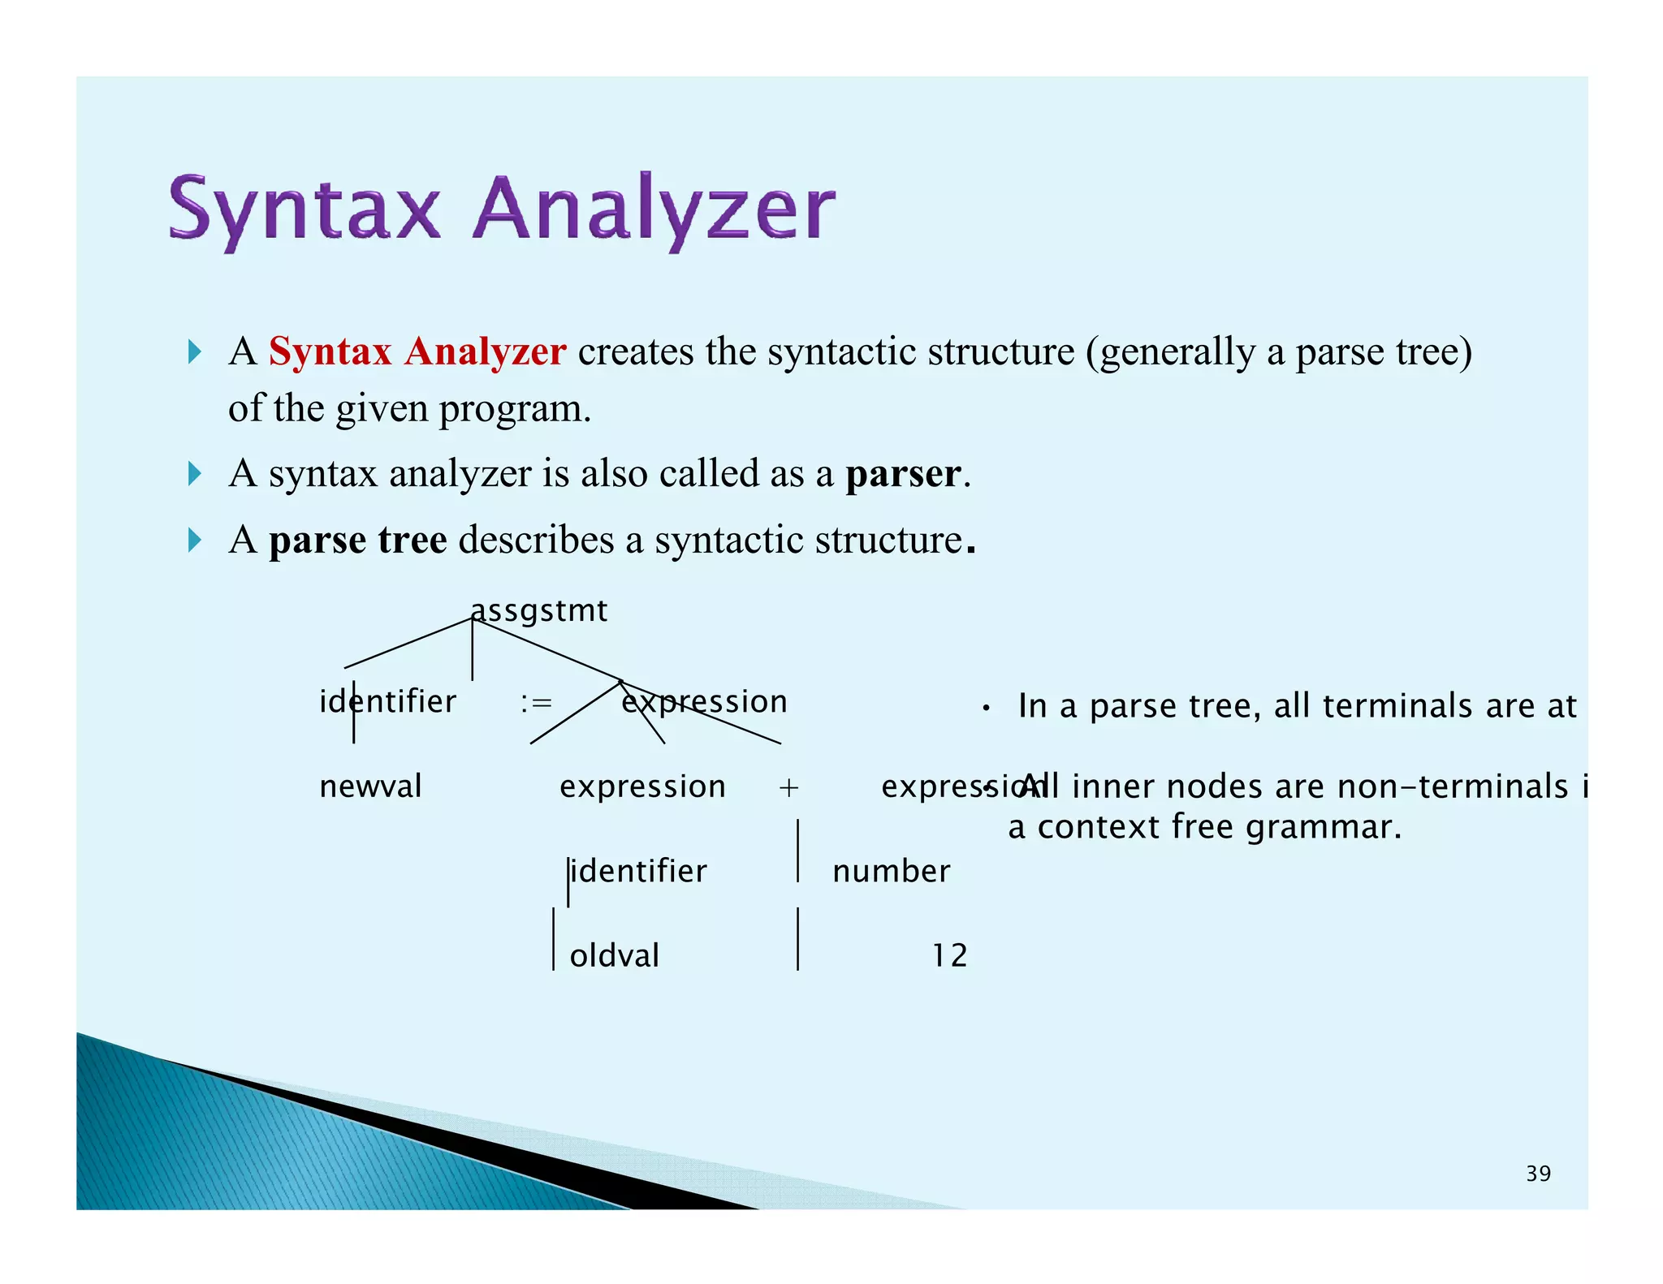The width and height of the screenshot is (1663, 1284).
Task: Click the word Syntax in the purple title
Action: click(x=305, y=209)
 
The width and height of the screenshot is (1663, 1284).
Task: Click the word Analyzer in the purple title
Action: click(x=654, y=209)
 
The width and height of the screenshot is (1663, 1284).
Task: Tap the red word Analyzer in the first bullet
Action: click(x=486, y=351)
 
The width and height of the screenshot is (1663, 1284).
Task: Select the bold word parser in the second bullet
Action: click(x=903, y=473)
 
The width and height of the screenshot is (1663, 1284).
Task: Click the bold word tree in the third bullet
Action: click(x=413, y=540)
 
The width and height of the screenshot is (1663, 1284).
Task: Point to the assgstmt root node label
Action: click(x=539, y=610)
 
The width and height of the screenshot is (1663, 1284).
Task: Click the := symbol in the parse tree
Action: click(x=536, y=702)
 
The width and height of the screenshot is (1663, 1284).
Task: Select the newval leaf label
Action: click(x=370, y=786)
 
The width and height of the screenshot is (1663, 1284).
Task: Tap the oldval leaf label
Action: click(x=614, y=955)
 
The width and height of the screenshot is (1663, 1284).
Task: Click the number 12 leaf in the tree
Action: click(x=948, y=955)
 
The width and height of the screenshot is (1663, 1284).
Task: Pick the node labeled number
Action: click(x=891, y=872)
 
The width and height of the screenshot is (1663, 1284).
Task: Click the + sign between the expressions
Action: click(x=788, y=787)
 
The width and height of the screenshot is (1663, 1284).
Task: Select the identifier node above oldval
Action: click(x=638, y=872)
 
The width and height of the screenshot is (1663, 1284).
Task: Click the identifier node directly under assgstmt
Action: click(x=388, y=702)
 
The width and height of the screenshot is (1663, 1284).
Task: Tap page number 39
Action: click(x=1538, y=1174)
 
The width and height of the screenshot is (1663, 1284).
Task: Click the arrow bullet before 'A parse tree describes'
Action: click(x=194, y=540)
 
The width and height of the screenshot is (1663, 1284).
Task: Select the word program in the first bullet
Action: click(x=514, y=408)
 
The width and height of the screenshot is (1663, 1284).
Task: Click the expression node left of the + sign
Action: click(x=642, y=786)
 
